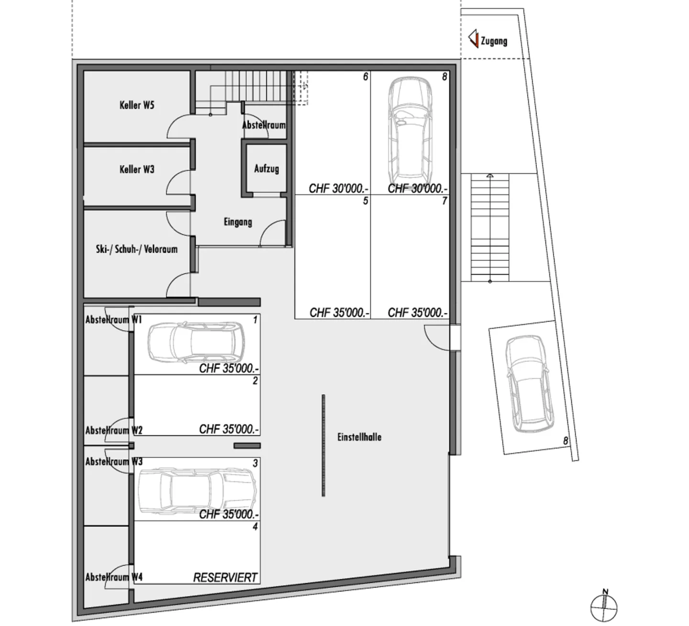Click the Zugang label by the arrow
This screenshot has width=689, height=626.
(x=494, y=41)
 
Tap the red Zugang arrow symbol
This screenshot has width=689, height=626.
(x=473, y=39)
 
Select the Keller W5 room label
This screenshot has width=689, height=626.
(x=137, y=105)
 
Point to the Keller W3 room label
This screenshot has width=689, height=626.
(x=137, y=169)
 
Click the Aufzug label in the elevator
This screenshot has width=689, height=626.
(x=267, y=168)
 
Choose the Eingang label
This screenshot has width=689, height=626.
(x=238, y=222)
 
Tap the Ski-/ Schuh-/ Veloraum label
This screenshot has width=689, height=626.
(x=137, y=249)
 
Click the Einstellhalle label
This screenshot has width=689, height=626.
(x=359, y=437)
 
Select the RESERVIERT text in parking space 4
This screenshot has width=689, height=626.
(x=225, y=578)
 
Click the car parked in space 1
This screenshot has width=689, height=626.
(x=196, y=342)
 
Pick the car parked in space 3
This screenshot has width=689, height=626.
(x=197, y=492)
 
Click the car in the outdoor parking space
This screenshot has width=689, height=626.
(x=528, y=383)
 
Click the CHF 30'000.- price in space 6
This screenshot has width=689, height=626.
(x=339, y=189)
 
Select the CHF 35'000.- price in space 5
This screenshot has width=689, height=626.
(x=339, y=313)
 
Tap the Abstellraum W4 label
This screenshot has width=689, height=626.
(x=114, y=577)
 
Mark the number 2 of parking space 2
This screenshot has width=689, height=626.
(x=255, y=381)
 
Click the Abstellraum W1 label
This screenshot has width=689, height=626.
(x=114, y=320)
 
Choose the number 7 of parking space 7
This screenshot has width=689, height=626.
(x=444, y=201)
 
